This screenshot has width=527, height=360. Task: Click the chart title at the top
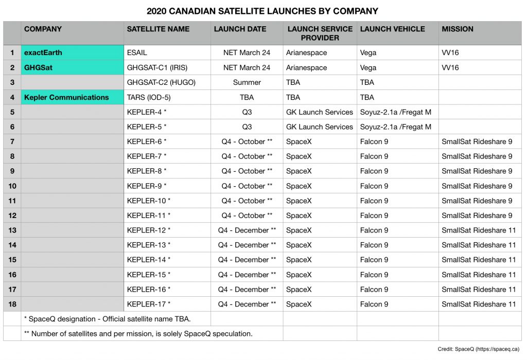262,11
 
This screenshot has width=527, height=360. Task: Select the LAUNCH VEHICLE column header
393,29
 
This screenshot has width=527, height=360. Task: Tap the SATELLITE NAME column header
158,29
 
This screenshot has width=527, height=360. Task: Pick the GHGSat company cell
39,67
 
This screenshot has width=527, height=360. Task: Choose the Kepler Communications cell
66,97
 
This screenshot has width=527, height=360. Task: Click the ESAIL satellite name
137,52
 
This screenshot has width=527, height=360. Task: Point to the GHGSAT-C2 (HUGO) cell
161,82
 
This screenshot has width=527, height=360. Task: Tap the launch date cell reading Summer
247,82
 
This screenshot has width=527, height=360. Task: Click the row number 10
12,186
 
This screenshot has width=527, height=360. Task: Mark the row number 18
12,304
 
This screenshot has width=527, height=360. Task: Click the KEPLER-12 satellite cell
149,230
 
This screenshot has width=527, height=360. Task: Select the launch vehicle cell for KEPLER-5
395,127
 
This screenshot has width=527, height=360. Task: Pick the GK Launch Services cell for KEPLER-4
319,112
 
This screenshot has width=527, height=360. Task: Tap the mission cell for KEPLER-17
479,304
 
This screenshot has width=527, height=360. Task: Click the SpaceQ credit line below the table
479,349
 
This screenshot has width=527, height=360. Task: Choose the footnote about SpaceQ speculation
138,333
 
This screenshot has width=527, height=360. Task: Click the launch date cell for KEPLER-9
247,186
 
